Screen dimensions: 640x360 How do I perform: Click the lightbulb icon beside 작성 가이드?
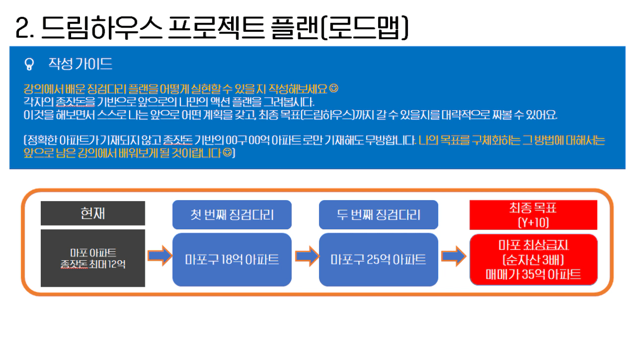[x=29, y=64]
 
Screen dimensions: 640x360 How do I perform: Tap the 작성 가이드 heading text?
[x=81, y=64]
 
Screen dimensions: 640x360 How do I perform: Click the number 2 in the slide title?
[x=22, y=27]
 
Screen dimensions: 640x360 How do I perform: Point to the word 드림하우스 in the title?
[x=102, y=27]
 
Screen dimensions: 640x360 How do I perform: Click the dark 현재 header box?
[x=93, y=213]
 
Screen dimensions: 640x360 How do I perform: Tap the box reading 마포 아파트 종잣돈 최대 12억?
[x=93, y=258]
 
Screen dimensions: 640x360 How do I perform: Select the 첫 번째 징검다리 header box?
[x=232, y=215]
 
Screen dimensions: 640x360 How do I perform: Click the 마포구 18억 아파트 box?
[x=232, y=260]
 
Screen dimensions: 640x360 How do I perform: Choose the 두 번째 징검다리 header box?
[x=379, y=215]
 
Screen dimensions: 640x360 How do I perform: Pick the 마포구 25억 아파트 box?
[x=379, y=260]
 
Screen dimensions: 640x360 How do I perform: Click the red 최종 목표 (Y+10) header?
[x=533, y=215]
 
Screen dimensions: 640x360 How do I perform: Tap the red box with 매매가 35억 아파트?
[x=534, y=260]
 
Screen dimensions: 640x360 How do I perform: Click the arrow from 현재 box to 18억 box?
[x=160, y=256]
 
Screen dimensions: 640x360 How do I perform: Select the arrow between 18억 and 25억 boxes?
[x=307, y=256]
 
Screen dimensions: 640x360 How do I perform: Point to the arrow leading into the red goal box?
[x=454, y=256]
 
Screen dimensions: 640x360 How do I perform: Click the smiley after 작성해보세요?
[x=334, y=88]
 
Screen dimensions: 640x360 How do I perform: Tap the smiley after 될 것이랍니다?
[x=227, y=153]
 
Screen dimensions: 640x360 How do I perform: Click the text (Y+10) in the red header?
[x=533, y=223]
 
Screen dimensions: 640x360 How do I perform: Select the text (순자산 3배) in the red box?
[x=533, y=260]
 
